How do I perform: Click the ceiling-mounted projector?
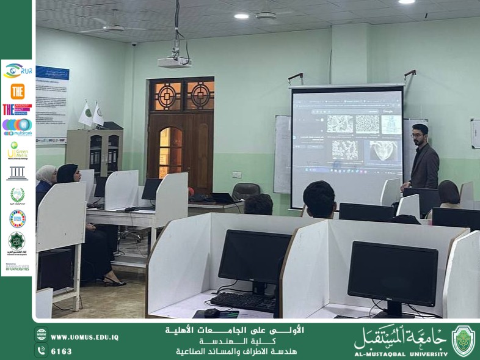(x=174, y=62)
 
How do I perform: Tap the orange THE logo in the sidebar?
(x=18, y=91)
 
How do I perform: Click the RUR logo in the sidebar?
(x=18, y=71)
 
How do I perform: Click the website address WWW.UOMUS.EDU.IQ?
(x=84, y=337)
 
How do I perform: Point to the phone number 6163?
(x=61, y=351)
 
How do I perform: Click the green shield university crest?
(x=463, y=341)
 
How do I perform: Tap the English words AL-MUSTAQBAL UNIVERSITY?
(x=400, y=353)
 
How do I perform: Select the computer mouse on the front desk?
(x=211, y=312)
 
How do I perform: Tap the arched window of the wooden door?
(x=170, y=153)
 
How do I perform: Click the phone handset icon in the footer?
(x=42, y=351)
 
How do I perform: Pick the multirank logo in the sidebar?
(x=17, y=127)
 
